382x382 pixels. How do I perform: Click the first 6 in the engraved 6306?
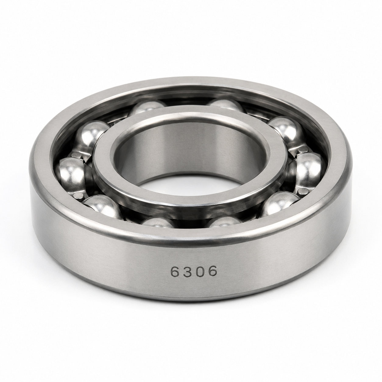(x=175, y=271)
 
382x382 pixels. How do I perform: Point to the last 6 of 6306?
(x=212, y=271)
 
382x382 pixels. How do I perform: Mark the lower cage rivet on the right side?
(x=303, y=191)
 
